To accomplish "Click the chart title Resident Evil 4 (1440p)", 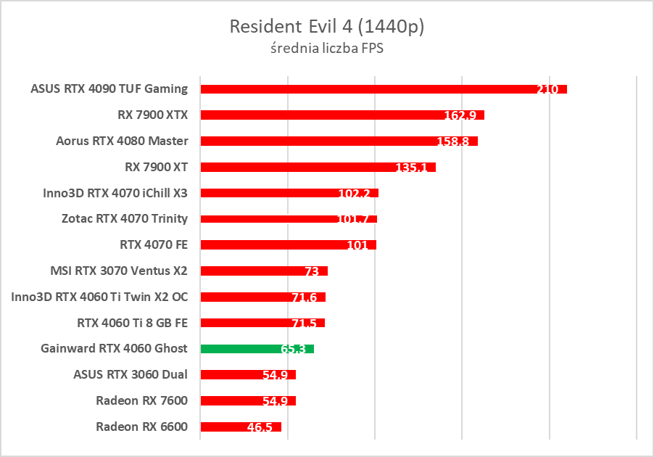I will pyautogui.click(x=326, y=27).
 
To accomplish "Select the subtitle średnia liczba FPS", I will pyautogui.click(x=326, y=49).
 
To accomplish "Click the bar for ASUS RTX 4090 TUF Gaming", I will pyautogui.click(x=363, y=89).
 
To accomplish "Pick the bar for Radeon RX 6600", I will pyautogui.click(x=225, y=427).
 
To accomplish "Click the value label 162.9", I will pyautogui.click(x=461, y=115).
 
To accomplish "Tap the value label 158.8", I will pyautogui.click(x=455, y=141).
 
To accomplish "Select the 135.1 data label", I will pyautogui.click(x=413, y=168).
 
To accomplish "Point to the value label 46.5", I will pyautogui.click(x=260, y=427).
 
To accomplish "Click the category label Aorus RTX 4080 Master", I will pyautogui.click(x=122, y=141).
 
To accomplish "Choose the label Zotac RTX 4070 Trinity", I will pyautogui.click(x=125, y=218).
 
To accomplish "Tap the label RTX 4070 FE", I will pyautogui.click(x=154, y=244).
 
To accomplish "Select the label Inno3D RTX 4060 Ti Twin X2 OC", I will pyautogui.click(x=99, y=297).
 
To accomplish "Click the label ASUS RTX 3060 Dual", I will pyautogui.click(x=131, y=374).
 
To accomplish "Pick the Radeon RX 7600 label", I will pyautogui.click(x=141, y=400).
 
